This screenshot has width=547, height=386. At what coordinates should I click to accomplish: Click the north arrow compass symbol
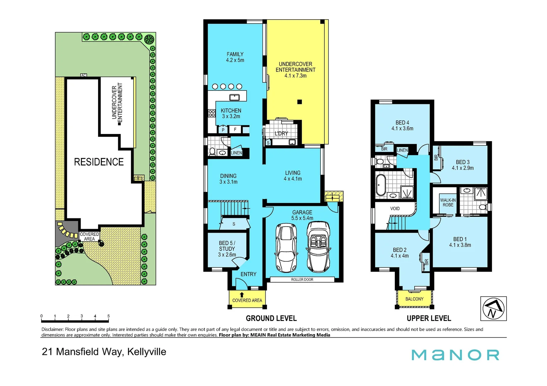tap(493, 308)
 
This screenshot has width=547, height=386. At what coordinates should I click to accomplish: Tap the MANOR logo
tap(455, 355)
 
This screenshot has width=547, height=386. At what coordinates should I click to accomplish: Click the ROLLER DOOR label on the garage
tap(302, 279)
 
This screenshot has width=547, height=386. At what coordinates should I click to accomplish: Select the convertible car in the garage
tap(318, 247)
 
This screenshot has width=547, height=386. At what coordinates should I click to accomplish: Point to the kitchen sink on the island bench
tap(234, 97)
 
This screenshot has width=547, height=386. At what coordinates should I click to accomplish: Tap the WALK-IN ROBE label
tap(447, 203)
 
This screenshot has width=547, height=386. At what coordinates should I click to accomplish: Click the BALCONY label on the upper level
tap(414, 299)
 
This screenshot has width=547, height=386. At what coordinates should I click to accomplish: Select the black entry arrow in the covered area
tap(242, 295)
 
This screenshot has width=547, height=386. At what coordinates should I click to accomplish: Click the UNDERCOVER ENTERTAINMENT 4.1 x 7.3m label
tap(295, 70)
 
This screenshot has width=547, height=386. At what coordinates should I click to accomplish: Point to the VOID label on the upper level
tap(395, 208)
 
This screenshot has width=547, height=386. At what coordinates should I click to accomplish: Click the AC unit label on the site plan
tap(83, 75)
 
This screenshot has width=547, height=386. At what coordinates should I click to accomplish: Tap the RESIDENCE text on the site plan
tap(98, 162)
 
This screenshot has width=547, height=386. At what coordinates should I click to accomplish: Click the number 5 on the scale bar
tap(108, 316)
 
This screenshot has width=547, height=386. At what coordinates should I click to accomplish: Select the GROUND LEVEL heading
tap(271, 318)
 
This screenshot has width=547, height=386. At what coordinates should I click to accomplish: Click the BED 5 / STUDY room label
tap(227, 249)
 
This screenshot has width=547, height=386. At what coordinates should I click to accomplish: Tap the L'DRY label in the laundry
tap(281, 133)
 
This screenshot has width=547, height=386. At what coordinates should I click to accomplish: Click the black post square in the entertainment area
tap(300, 102)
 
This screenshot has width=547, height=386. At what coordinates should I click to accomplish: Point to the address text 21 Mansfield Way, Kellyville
tap(104, 352)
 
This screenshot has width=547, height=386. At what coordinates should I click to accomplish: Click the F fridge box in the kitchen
tap(235, 129)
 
